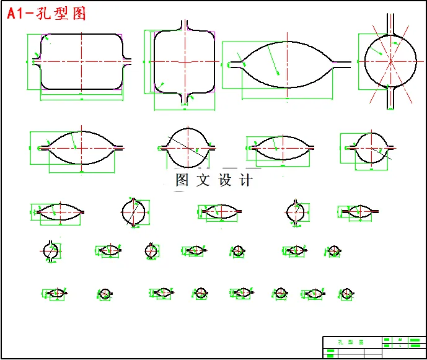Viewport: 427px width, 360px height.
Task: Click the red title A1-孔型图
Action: (46, 14)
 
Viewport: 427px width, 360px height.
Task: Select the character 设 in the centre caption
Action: (225, 181)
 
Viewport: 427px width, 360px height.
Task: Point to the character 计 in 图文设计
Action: (246, 181)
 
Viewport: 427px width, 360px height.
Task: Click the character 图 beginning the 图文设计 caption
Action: (182, 181)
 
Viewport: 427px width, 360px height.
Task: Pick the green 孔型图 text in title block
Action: (351, 342)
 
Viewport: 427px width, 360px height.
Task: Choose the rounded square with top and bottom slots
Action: (184, 62)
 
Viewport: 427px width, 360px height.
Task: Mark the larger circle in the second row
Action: (186, 147)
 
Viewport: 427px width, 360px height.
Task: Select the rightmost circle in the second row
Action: (371, 147)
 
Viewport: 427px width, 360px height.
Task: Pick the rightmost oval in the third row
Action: (358, 212)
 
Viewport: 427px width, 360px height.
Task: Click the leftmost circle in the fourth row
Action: (51, 250)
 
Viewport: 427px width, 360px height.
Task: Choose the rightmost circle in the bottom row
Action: (346, 293)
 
